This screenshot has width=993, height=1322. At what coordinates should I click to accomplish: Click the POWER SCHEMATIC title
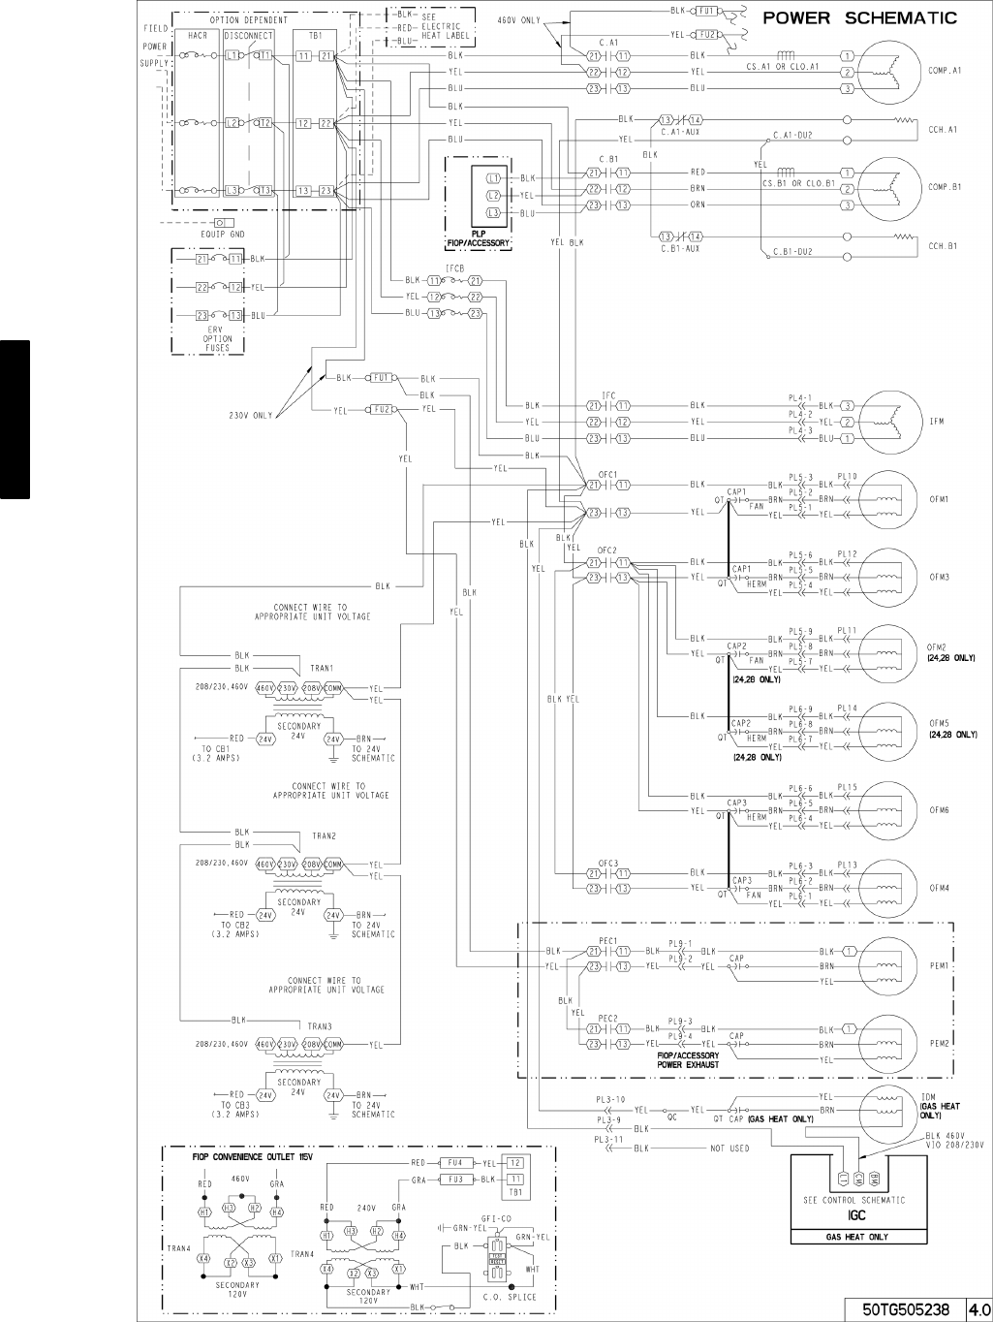coord(860,17)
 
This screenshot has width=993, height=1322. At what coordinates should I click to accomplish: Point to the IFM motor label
coord(937,422)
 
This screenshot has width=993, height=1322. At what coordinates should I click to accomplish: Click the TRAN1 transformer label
coord(323,668)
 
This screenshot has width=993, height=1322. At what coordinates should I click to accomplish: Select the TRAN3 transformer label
coord(321,1026)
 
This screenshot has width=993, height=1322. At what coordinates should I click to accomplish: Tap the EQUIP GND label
coord(223,234)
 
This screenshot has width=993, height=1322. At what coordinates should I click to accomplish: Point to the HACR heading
coord(198,35)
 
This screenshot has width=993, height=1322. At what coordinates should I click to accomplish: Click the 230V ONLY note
coord(251,416)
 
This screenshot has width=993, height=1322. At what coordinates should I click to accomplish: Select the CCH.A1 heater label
coord(943,129)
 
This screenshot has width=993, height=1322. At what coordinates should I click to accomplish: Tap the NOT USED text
coord(730,1149)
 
